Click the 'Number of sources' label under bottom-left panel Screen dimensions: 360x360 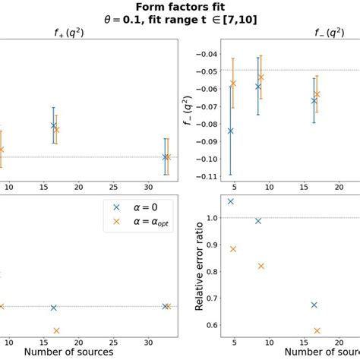[x=68, y=352]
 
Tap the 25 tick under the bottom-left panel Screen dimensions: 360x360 [x=113, y=339]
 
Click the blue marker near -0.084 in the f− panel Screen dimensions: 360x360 [x=230, y=131]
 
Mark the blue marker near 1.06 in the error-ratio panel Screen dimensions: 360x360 [x=230, y=201]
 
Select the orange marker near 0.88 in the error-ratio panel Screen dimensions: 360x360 [x=233, y=249]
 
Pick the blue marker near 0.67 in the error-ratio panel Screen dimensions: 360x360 [x=314, y=305]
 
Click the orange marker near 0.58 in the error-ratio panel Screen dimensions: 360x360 [x=317, y=330]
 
